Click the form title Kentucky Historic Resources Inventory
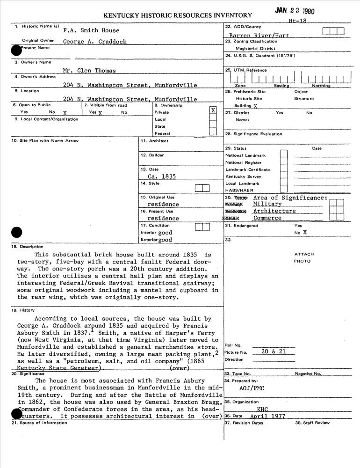(177, 15)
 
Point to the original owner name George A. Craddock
(95, 42)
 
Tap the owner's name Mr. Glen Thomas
(89, 71)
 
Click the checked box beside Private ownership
(213, 110)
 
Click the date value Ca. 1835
(162, 176)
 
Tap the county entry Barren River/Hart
(259, 35)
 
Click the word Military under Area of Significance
(267, 204)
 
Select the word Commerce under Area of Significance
(267, 218)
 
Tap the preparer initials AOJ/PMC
(252, 388)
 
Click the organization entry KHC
(262, 409)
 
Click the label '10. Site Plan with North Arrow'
(45, 140)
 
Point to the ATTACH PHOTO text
(304, 258)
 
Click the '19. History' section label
(24, 310)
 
